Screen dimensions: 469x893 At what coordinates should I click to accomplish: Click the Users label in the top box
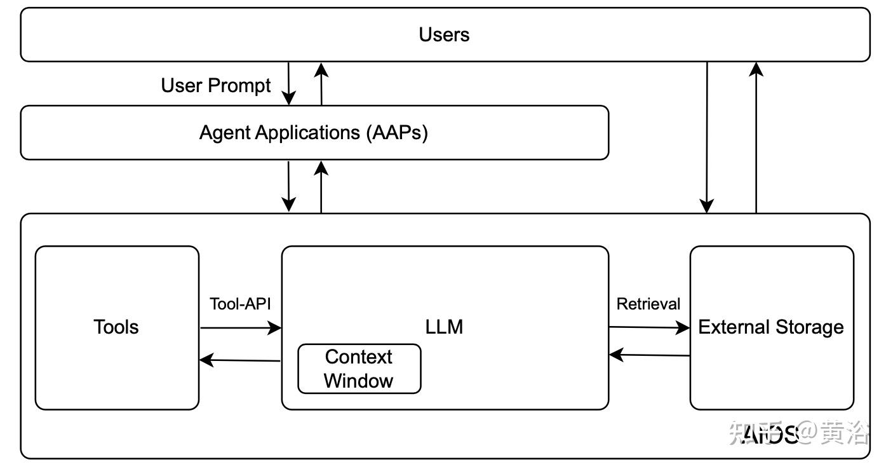444,34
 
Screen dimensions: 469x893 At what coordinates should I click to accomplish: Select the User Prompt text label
216,85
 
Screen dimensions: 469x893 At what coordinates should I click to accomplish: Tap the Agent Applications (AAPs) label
314,133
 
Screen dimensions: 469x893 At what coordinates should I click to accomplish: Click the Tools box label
116,327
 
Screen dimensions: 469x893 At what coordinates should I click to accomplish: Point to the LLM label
444,327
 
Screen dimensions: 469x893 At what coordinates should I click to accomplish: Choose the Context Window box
359,369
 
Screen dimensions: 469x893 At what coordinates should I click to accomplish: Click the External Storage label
771,327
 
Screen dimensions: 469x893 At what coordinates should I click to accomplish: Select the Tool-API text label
241,304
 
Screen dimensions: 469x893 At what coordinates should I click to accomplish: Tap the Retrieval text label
648,304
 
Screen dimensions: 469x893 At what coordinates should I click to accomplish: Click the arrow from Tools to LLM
241,328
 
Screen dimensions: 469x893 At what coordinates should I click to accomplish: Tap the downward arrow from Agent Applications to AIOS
289,186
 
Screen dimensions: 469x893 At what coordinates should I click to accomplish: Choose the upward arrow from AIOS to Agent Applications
321,186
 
